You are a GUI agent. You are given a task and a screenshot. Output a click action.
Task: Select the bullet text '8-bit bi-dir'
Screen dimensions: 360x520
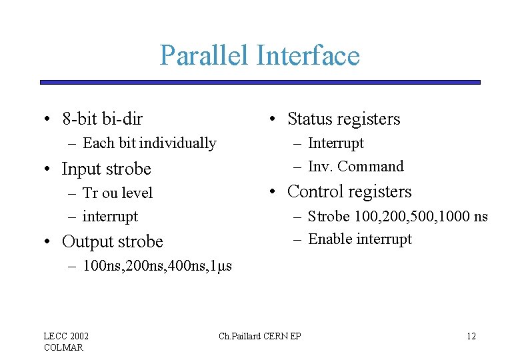pos(102,119)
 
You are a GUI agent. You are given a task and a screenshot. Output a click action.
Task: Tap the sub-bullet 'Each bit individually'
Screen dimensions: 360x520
pos(149,143)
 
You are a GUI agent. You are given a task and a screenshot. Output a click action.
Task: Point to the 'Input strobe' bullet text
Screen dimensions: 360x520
pos(106,169)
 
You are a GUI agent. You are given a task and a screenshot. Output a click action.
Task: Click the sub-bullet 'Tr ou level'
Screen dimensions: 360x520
pos(117,193)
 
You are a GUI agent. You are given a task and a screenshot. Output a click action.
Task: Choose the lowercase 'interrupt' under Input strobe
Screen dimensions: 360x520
pos(110,217)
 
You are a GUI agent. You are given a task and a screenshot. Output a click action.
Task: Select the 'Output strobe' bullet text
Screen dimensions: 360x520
pos(112,241)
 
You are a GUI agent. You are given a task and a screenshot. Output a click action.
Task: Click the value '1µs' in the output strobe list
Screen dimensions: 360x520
pos(220,267)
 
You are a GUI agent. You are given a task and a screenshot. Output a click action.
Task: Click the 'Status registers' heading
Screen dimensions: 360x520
pos(343,119)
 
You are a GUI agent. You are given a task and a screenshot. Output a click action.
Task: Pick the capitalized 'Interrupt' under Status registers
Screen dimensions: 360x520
pos(336,143)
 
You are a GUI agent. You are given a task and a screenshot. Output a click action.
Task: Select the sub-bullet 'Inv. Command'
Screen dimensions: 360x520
pos(356,167)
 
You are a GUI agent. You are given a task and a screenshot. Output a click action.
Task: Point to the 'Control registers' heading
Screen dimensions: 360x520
pos(349,192)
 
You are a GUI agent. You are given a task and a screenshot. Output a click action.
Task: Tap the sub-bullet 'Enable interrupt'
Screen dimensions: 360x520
pos(360,239)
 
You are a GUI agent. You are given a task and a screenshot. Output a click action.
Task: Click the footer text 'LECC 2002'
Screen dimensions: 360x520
pos(66,336)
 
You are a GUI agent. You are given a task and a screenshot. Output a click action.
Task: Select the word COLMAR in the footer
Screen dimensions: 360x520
pos(63,347)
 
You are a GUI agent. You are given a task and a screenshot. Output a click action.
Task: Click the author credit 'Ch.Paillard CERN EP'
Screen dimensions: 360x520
pos(260,336)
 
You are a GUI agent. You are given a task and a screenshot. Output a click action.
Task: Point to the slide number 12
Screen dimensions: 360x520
pos(471,336)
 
